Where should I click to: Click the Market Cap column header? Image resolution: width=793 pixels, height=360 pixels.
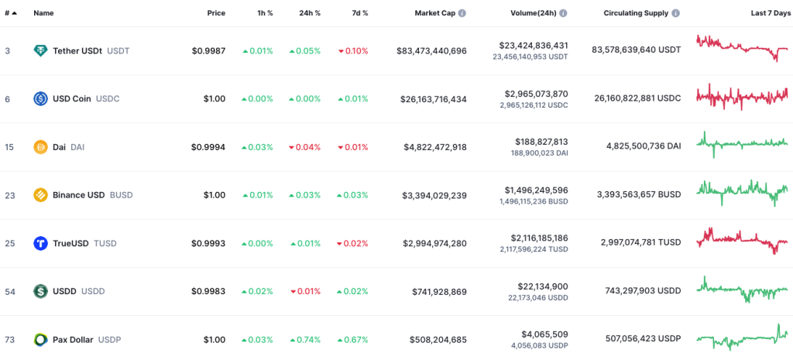click(435, 13)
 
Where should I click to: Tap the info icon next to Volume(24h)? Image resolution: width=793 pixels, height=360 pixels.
click(563, 13)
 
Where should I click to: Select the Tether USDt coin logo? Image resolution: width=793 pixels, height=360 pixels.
click(40, 50)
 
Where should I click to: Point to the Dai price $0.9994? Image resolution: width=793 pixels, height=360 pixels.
click(208, 147)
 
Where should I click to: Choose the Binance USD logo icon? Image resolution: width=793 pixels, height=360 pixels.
click(40, 195)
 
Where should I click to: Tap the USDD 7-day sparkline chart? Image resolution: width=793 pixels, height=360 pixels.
click(742, 290)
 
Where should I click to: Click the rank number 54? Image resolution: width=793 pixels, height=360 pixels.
click(10, 291)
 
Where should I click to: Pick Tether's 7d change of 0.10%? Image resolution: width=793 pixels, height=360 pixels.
click(353, 50)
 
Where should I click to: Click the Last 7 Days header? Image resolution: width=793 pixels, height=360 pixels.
click(770, 13)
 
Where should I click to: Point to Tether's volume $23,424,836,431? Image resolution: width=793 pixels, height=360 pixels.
click(533, 46)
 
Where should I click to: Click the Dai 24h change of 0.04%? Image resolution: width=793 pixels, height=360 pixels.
click(304, 147)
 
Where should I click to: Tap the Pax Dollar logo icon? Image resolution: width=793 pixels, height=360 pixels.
click(40, 339)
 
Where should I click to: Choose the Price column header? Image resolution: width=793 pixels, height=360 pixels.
click(216, 13)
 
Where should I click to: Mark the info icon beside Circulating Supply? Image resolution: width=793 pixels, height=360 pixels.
click(676, 13)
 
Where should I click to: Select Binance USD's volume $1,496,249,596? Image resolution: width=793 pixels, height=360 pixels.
click(536, 190)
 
